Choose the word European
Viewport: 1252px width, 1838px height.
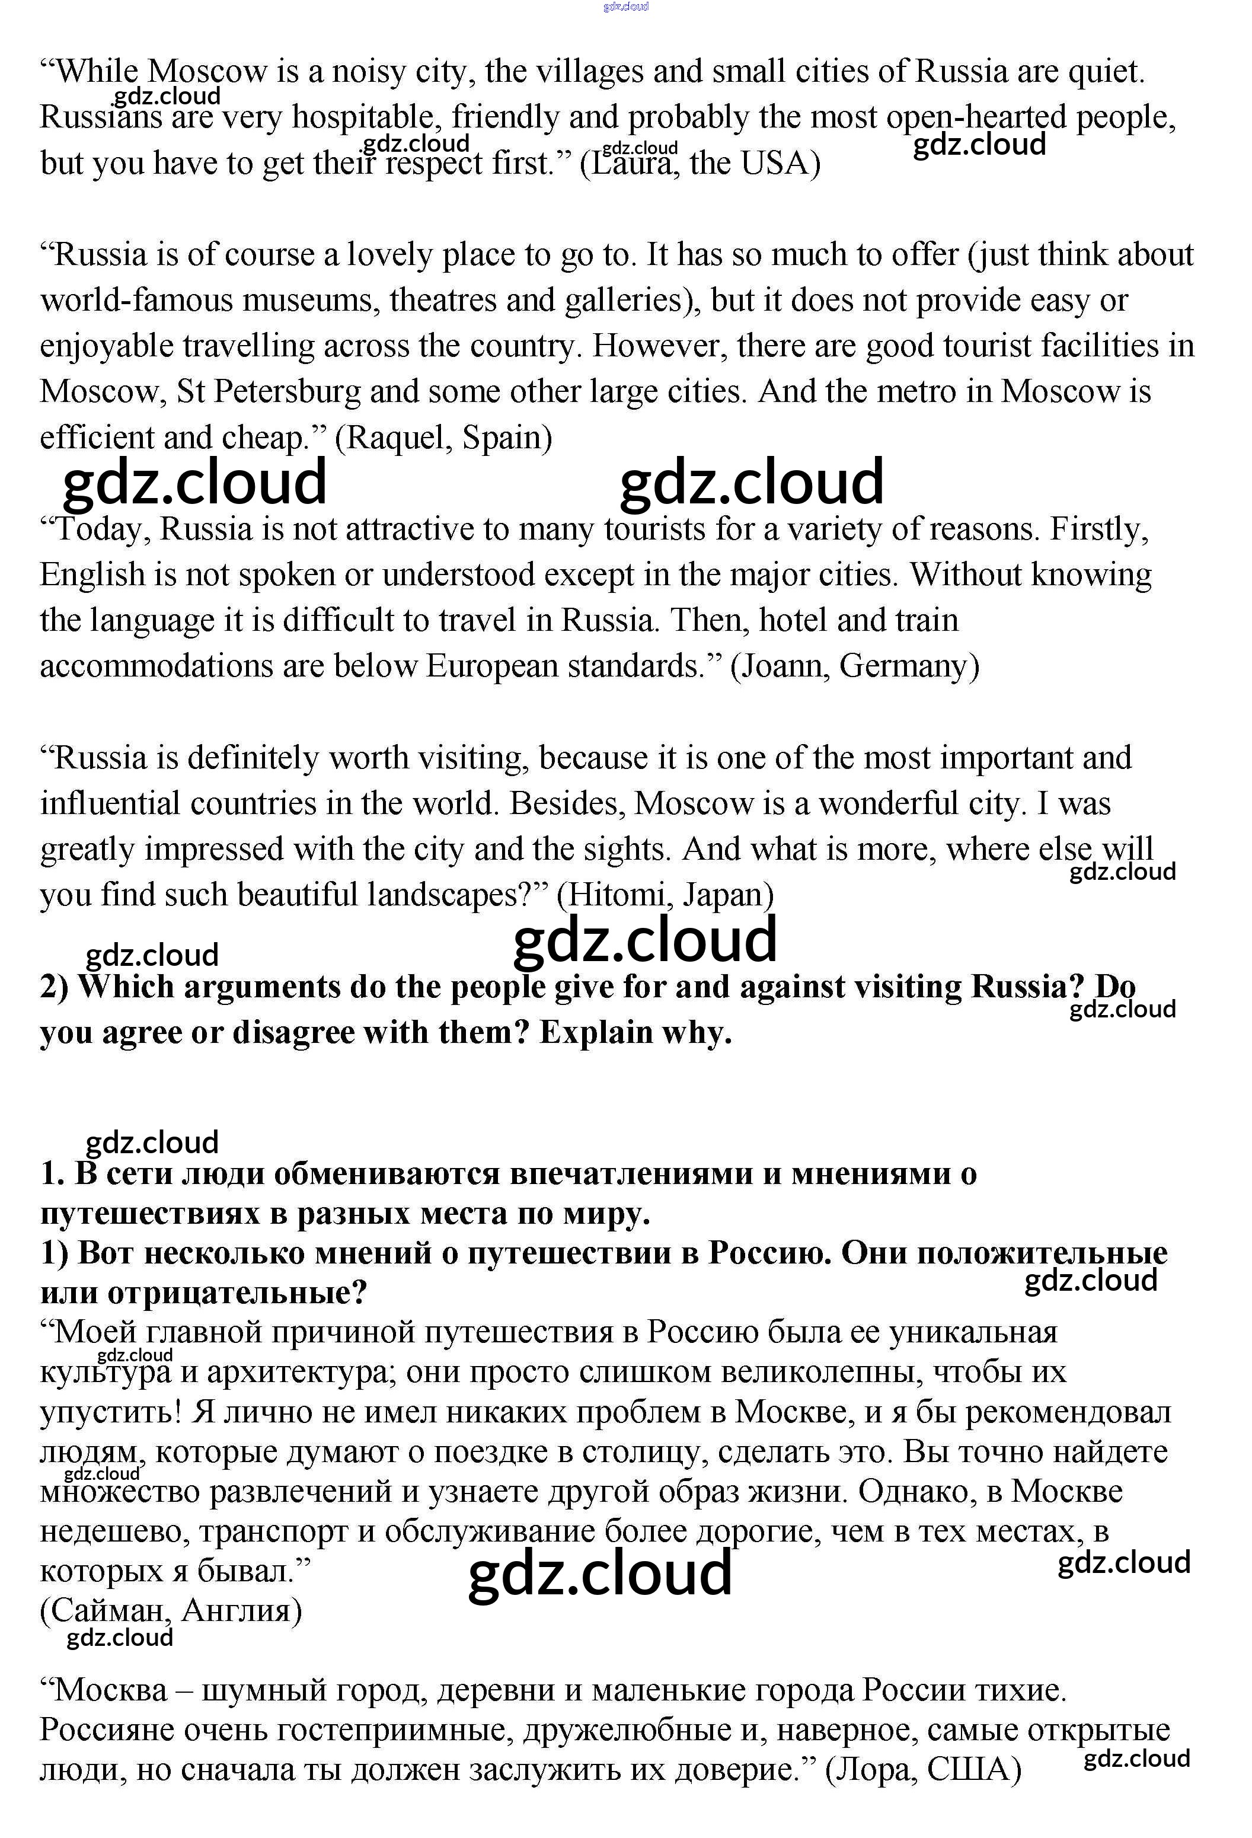tap(492, 666)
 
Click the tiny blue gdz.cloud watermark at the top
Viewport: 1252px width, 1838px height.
tap(625, 7)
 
